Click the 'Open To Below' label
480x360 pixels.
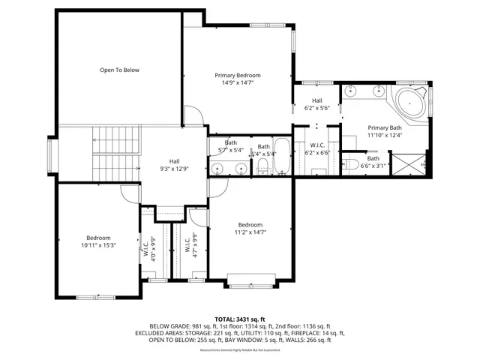120,70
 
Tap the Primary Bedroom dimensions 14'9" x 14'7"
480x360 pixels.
238,82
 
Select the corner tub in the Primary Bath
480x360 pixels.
410,103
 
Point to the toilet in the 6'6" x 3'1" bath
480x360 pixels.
352,164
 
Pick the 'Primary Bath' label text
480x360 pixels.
385,127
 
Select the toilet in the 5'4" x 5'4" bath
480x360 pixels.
262,168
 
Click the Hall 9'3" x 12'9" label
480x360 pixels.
174,164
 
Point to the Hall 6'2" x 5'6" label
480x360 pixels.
317,105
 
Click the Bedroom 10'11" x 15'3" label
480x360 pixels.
98,241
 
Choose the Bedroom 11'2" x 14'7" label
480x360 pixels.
250,229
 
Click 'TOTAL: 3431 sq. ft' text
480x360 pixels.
240,318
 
